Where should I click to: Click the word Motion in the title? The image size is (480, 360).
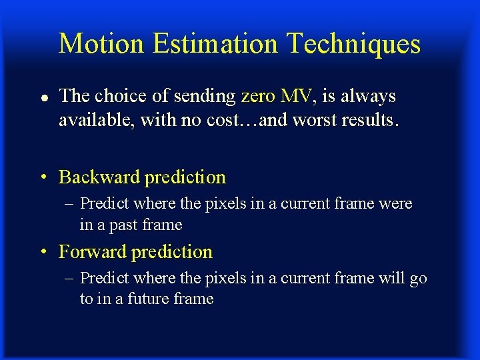101,44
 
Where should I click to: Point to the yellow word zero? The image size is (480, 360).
257,97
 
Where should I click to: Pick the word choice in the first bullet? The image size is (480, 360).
123,97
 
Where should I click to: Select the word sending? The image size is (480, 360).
205,97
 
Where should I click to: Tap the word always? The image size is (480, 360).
368,97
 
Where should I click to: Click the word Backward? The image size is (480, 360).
99,177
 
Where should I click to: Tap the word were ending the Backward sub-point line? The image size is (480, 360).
395,204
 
